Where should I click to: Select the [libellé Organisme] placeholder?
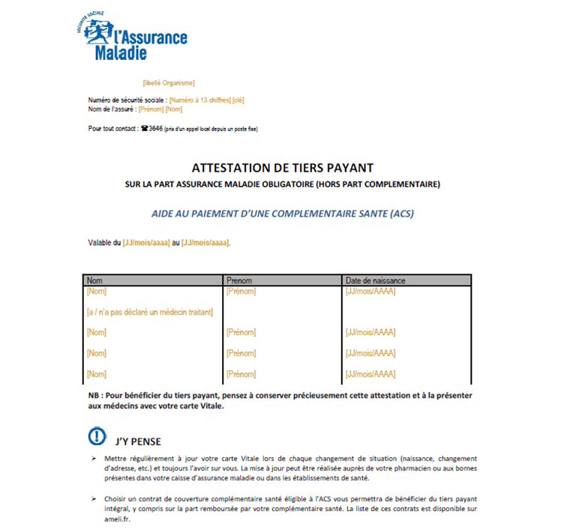(168, 82)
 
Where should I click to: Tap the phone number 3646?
(155, 129)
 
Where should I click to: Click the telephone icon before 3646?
(144, 129)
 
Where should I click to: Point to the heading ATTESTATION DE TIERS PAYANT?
(283, 168)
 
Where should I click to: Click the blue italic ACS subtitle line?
(282, 214)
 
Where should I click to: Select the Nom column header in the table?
(95, 280)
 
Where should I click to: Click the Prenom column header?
(240, 280)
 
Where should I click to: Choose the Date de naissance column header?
(375, 280)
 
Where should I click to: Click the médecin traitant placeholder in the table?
(150, 312)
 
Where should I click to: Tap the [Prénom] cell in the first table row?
(241, 291)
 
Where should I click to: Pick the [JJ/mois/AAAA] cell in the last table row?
(370, 374)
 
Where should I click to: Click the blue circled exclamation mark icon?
(97, 437)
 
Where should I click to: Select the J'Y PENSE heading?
(139, 441)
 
